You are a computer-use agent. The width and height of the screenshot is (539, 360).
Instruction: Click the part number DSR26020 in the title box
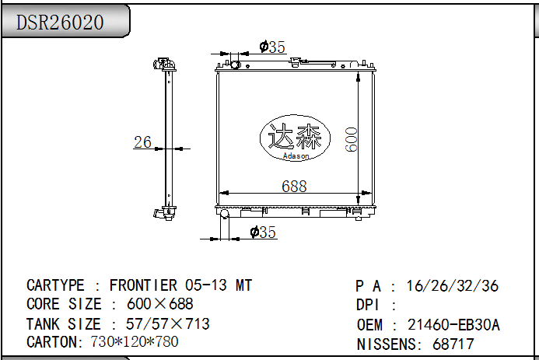pos(61,23)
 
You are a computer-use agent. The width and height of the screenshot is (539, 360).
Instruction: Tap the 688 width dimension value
pos(294,186)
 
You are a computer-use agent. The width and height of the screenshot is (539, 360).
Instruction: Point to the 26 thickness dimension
pos(142,142)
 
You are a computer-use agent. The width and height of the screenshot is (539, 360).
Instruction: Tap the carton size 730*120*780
pos(134,342)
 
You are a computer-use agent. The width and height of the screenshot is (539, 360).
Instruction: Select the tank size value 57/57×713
pos(161,323)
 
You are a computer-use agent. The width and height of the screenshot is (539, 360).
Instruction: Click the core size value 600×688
pos(159,304)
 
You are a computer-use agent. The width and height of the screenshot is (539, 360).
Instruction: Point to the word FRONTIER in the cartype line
pos(143,285)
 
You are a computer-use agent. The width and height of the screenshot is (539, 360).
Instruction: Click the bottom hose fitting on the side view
pos(164,211)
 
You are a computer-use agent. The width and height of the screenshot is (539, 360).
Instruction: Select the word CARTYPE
pos(55,285)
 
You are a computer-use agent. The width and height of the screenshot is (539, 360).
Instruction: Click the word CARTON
pos(51,342)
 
